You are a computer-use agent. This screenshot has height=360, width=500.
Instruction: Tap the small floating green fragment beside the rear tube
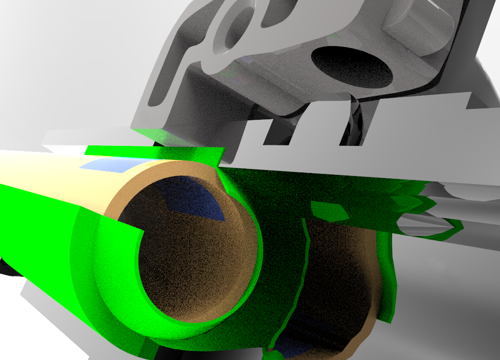(x=329, y=211)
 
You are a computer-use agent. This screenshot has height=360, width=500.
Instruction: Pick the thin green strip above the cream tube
(x=150, y=150)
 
